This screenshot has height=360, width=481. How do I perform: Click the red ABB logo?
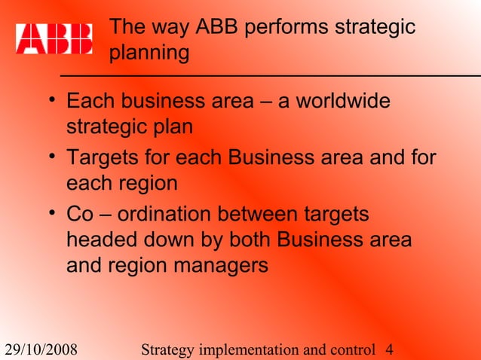54,38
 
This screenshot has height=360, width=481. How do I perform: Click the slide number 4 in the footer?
389,349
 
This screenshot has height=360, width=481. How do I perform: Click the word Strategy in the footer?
167,349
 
